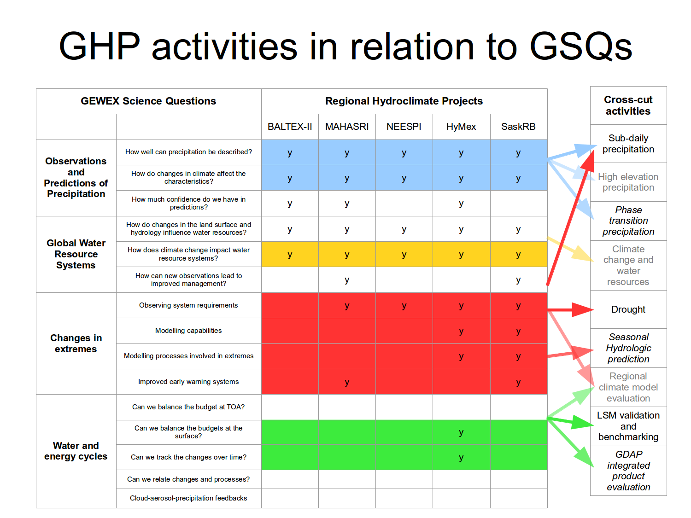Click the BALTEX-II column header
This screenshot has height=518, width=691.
(290, 127)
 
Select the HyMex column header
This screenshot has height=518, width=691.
(461, 127)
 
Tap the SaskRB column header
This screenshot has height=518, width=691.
(518, 127)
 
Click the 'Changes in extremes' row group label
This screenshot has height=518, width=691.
(76, 343)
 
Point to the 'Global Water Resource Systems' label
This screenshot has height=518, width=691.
(76, 254)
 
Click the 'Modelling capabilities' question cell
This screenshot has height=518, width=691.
(188, 331)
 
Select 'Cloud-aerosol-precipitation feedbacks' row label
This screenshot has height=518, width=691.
(188, 498)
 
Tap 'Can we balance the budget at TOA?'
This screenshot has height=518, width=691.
(188, 407)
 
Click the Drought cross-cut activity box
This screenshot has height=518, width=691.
(628, 309)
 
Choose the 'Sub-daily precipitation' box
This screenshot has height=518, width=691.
(628, 144)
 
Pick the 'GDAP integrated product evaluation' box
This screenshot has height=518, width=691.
(628, 471)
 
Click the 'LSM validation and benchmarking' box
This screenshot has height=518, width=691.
(628, 426)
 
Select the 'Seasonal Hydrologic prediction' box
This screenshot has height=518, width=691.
(628, 348)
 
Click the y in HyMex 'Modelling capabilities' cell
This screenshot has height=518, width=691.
(461, 331)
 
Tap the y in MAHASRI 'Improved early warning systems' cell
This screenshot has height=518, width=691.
(347, 382)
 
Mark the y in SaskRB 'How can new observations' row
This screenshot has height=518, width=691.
(518, 280)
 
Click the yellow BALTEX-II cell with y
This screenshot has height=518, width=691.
(290, 255)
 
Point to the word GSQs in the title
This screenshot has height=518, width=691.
(581, 47)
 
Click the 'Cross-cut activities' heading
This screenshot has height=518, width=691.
(628, 105)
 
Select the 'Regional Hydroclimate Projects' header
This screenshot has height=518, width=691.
(404, 101)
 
